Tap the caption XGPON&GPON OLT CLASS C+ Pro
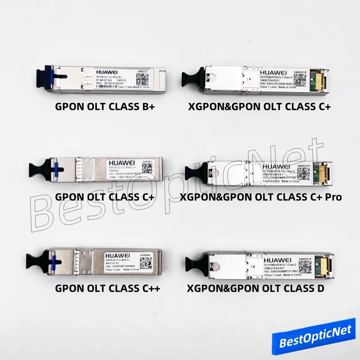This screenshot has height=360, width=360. coord(261,197)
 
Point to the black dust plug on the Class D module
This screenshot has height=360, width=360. coord(193,265)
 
